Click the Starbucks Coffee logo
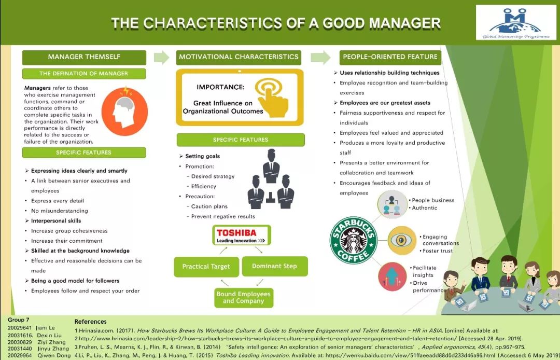(353, 240)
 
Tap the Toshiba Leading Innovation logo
(242, 235)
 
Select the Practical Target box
(206, 267)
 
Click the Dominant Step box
(274, 266)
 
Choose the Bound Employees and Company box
(244, 298)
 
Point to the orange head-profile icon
(124, 111)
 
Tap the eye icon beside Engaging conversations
(401, 240)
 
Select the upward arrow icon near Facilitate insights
(392, 277)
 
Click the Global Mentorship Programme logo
(516, 22)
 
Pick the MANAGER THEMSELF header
(85, 57)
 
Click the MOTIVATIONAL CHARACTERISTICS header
(239, 57)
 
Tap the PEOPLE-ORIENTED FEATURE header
(390, 57)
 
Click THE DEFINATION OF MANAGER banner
(84, 74)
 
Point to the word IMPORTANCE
(220, 87)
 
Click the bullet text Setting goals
(203, 156)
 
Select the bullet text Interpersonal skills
(56, 220)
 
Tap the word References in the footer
(90, 322)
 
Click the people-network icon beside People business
(392, 204)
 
